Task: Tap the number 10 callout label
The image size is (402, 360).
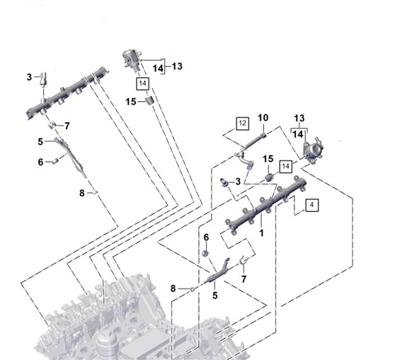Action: click(263, 117)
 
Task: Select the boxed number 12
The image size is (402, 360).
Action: click(241, 123)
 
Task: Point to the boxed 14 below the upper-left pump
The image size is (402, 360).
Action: click(144, 83)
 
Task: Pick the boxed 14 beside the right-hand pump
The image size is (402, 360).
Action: click(286, 166)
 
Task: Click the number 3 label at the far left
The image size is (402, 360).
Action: click(30, 77)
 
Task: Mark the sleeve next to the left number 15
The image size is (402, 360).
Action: click(149, 104)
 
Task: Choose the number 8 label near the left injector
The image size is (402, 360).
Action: click(82, 192)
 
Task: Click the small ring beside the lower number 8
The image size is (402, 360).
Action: click(191, 289)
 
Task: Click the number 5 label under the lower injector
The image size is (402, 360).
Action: click(214, 295)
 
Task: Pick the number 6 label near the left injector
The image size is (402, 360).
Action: click(40, 162)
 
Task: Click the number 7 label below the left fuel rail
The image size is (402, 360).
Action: click(67, 126)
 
